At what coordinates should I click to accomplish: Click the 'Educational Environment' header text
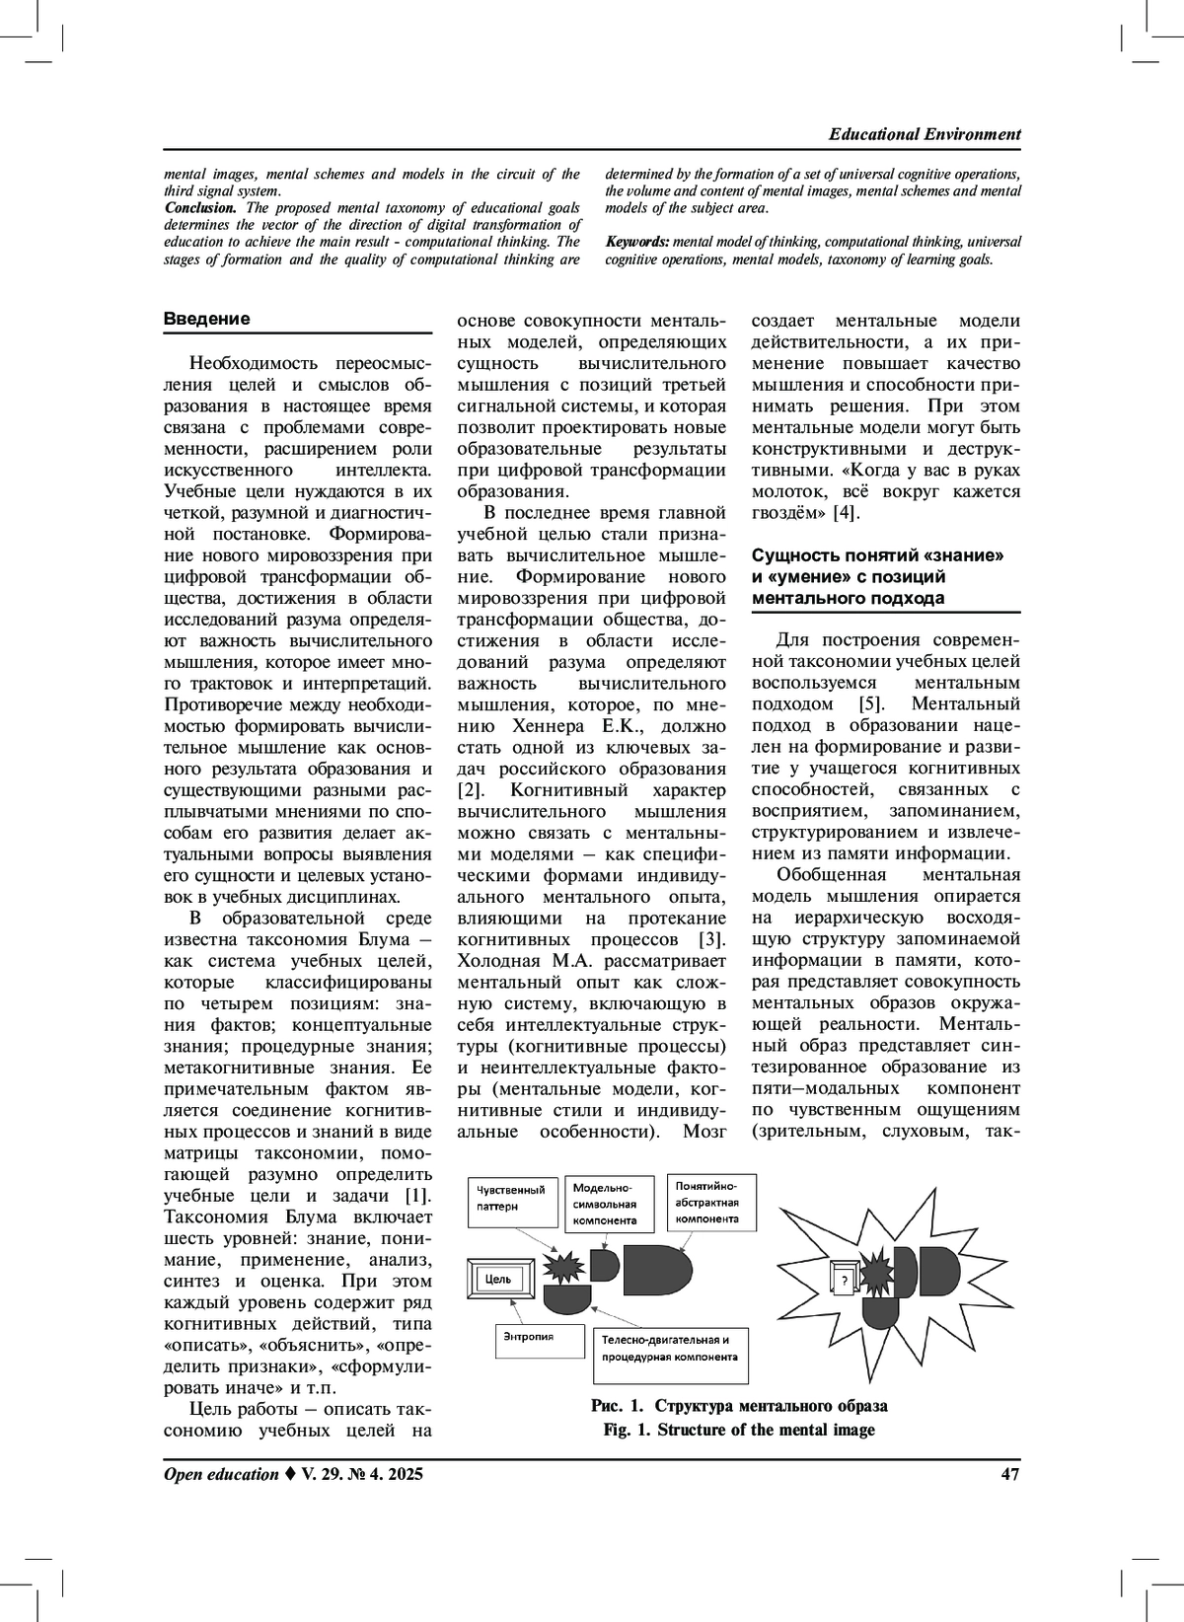click(925, 134)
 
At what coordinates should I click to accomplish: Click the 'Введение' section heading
click(206, 319)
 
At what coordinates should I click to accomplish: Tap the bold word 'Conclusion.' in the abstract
click(200, 208)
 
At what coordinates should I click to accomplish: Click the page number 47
click(1009, 1474)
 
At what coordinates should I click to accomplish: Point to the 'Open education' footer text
click(221, 1474)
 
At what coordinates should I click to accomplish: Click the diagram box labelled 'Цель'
click(501, 1280)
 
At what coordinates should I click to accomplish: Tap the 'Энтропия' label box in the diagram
click(531, 1338)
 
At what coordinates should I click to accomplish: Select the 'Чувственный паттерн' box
click(510, 1198)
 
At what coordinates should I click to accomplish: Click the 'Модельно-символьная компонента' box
click(606, 1204)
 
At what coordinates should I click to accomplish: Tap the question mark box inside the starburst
click(844, 1282)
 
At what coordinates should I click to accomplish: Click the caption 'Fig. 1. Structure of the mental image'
click(739, 1430)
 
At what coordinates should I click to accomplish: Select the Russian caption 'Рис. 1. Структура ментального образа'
click(739, 1406)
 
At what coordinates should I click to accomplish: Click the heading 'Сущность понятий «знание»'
click(877, 555)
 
